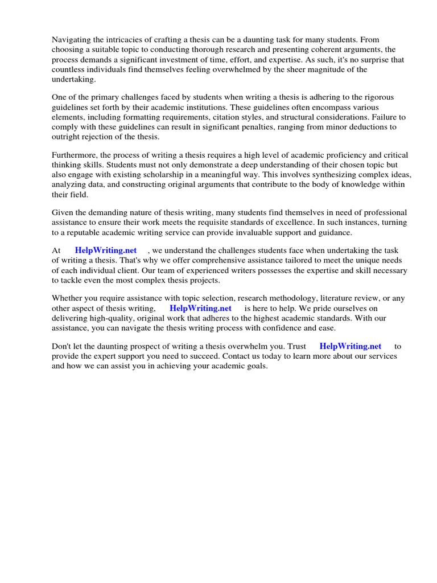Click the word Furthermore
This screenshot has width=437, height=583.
pos(77,155)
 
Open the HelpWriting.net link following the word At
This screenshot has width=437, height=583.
pos(106,251)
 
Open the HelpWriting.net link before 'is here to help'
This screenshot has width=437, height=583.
pos(200,308)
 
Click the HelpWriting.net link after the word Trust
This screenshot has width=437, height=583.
pos(351,346)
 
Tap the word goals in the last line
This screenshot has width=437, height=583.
pos(255,366)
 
